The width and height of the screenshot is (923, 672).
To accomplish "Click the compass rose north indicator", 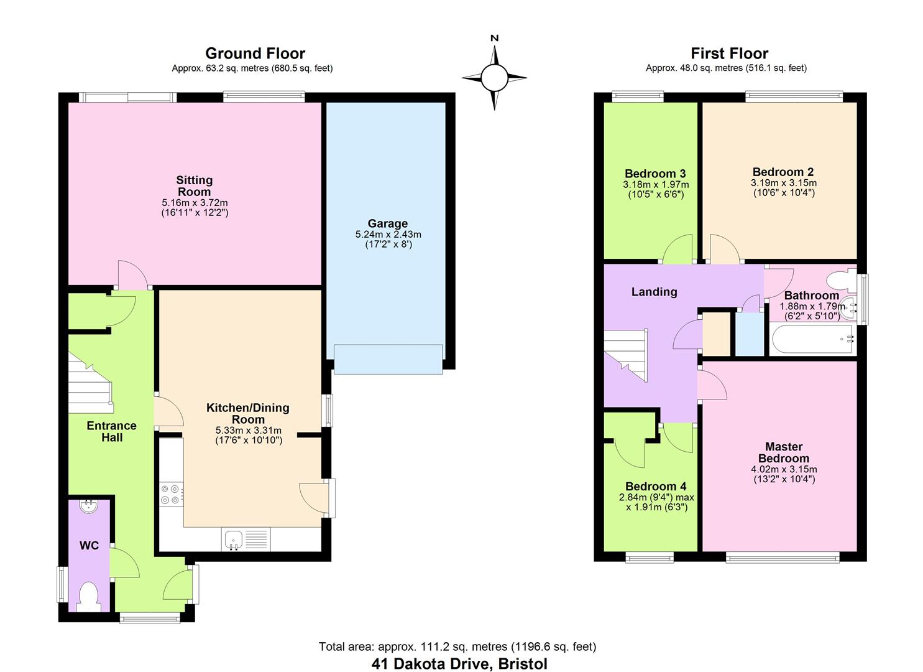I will point(495,39).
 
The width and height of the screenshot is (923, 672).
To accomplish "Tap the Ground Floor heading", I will point(255,54).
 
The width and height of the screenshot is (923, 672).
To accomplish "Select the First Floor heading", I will point(729,54).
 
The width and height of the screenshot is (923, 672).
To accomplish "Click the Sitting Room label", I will point(195,186).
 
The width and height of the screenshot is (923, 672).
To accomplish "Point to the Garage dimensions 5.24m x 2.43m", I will point(388,235).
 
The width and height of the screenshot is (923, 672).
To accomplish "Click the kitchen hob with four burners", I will point(171,494).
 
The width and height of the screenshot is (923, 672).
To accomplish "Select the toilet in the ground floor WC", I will point(90,596).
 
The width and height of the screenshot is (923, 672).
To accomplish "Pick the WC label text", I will point(90,546).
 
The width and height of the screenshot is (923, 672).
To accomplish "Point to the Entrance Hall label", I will point(111,431).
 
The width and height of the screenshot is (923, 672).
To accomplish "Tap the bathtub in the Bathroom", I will point(812,340).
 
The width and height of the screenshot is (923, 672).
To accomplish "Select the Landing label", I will point(654,292).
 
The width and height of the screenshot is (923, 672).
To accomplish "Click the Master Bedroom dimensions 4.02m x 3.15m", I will point(784,469).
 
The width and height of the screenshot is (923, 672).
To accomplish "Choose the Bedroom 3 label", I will point(655,174).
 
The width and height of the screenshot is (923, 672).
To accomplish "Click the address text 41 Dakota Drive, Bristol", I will point(459,663).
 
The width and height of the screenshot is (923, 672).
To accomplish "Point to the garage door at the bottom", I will point(388,359).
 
